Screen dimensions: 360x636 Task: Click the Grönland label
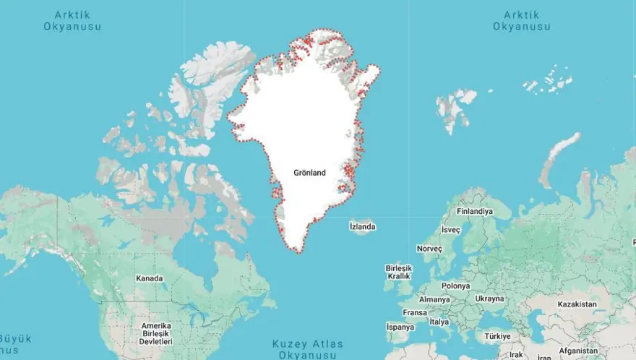[x=309, y=173]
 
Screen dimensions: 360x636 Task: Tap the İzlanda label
[x=362, y=227]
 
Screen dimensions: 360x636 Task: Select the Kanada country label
[x=150, y=278]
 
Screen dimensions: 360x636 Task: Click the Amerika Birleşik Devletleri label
[x=155, y=333]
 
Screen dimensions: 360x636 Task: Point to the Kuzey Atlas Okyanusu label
[x=308, y=349]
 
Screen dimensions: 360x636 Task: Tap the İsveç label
[x=451, y=230]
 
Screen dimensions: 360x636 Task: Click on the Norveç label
[x=429, y=248]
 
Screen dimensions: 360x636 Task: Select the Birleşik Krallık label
[x=398, y=271]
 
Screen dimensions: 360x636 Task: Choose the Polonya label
[x=455, y=286]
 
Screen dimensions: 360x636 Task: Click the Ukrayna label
[x=490, y=299]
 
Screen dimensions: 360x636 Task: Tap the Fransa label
[x=414, y=313]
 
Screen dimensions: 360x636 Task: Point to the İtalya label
[x=439, y=322]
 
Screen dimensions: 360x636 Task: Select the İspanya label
[x=400, y=327]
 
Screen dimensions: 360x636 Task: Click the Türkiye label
[x=497, y=336]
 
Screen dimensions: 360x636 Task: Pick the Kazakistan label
[x=577, y=304]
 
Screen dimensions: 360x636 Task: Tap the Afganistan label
[x=579, y=351]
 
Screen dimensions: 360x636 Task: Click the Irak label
[x=516, y=355]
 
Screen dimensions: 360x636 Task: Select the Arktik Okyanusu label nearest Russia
[x=523, y=20]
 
